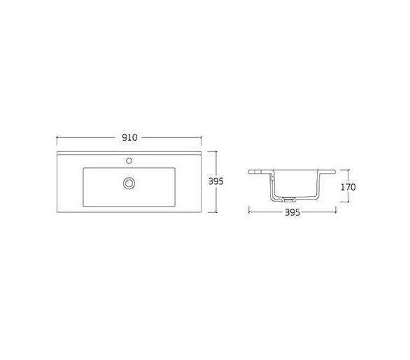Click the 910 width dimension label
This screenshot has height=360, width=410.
(129, 137)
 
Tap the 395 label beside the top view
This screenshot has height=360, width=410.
(216, 181)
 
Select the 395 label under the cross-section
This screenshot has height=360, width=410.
(292, 212)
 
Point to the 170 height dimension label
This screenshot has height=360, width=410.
(348, 187)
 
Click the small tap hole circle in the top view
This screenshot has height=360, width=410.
(129, 160)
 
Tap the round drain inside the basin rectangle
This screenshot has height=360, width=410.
(129, 183)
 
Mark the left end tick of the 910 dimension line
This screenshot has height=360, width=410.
(57, 137)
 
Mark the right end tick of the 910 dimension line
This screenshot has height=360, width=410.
(201, 137)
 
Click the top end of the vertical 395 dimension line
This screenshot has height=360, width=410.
(216, 151)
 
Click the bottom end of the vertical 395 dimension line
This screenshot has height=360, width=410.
(216, 212)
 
